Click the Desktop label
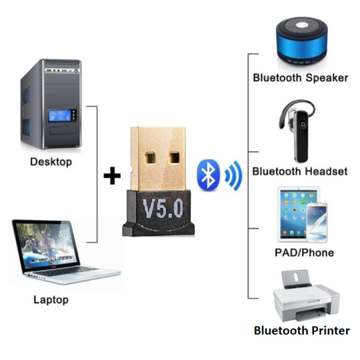coord(51,162)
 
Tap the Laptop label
coord(51,300)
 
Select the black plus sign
coord(112,175)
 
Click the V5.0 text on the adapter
coord(163,208)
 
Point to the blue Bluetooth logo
coord(208,175)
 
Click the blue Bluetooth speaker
coord(302,41)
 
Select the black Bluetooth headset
coord(297,131)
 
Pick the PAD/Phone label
coord(304,253)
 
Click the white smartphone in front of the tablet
coord(317,223)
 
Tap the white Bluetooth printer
coord(306,296)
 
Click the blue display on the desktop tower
coord(59,116)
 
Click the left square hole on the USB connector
coord(150,158)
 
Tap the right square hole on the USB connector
coord(174,158)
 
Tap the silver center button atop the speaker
coord(302,25)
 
